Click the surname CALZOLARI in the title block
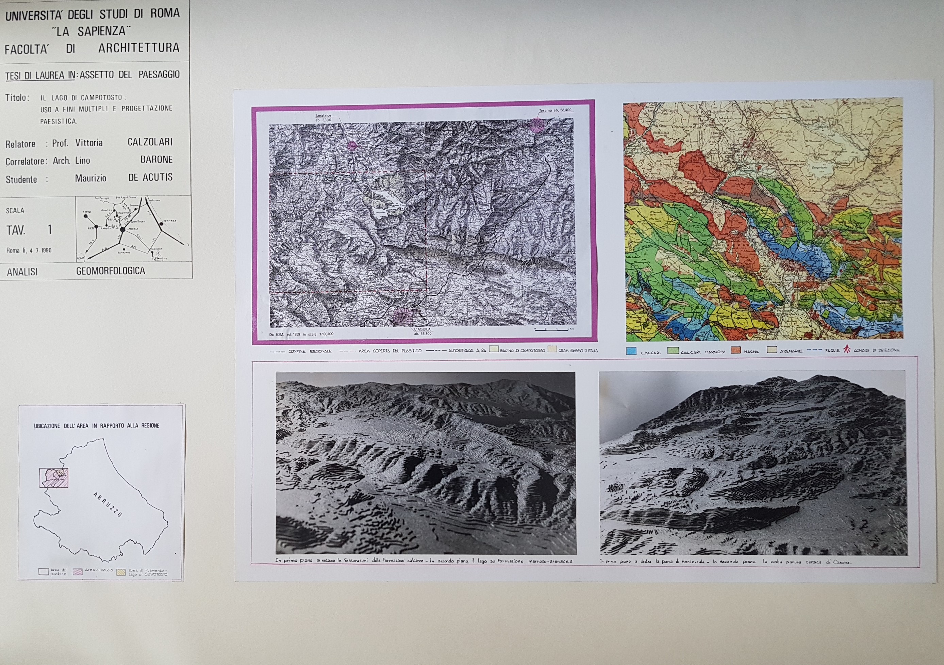click(x=150, y=142)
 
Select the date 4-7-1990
click(x=40, y=250)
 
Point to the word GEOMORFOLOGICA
click(x=110, y=271)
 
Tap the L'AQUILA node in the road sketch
click(x=122, y=229)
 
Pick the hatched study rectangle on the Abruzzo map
click(x=54, y=478)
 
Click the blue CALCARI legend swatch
click(x=631, y=351)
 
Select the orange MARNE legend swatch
click(x=736, y=351)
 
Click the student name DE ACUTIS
click(x=150, y=178)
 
